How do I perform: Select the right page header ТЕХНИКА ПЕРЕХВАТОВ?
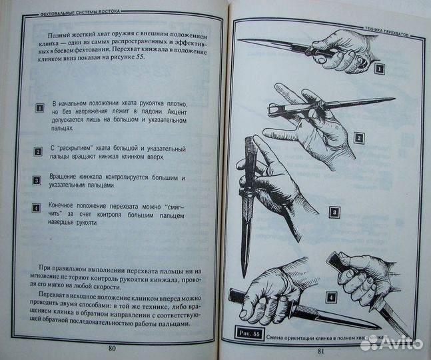click(382, 31)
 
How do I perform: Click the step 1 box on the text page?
click(38, 107)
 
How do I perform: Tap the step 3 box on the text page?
click(37, 181)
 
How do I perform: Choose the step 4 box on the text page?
click(37, 208)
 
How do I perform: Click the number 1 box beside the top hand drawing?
click(378, 69)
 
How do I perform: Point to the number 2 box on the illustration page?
click(358, 138)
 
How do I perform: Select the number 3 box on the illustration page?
click(334, 214)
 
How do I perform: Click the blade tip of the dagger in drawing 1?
click(240, 41)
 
